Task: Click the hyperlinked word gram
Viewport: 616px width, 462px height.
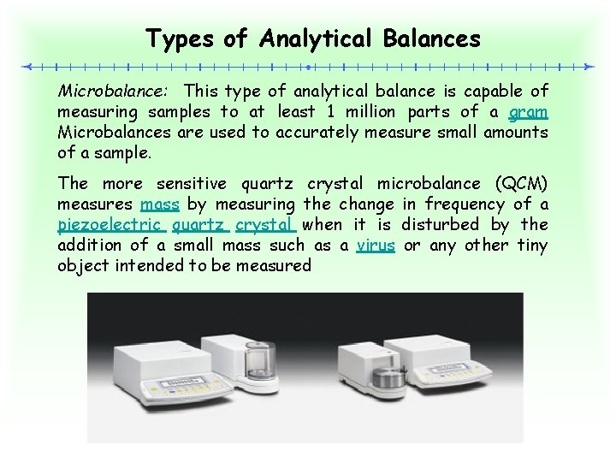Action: [529, 111]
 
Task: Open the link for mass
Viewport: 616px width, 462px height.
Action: [159, 204]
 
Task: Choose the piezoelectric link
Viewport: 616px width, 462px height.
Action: [110, 225]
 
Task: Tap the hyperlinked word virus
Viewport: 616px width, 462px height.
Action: [376, 246]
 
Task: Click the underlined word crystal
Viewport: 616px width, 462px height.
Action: [265, 225]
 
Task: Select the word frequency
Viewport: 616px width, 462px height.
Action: [459, 204]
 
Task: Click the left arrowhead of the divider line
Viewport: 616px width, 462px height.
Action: [27, 66]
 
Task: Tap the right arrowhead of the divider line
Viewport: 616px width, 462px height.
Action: [588, 66]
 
